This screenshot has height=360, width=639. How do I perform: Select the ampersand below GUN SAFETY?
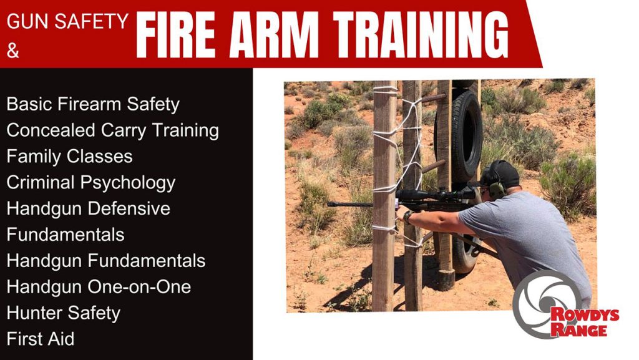click(x=13, y=51)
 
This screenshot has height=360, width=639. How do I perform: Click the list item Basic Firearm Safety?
click(x=93, y=104)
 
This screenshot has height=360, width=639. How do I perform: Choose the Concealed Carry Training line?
click(x=113, y=130)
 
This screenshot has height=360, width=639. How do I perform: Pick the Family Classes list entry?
click(x=69, y=156)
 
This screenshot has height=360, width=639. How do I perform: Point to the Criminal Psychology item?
click(x=91, y=182)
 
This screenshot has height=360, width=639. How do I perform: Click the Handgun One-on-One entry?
click(x=99, y=287)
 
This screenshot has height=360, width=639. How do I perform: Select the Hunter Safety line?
click(x=64, y=313)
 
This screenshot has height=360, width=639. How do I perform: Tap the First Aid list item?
click(x=41, y=339)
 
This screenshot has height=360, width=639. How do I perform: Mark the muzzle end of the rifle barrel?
click(x=331, y=203)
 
